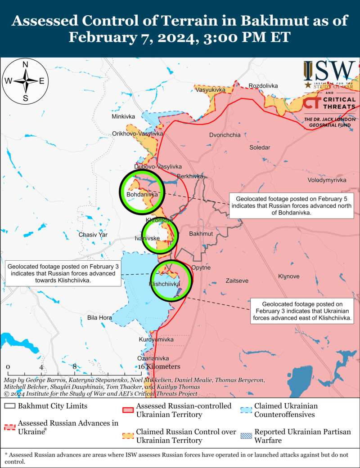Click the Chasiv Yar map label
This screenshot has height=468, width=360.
(x=93, y=235)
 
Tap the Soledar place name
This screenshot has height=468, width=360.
(x=260, y=147)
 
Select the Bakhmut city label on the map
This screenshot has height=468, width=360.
(x=201, y=234)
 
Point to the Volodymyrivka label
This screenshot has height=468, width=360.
(x=327, y=180)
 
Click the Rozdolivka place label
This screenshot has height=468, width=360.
(x=263, y=86)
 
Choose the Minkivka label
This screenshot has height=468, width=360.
(x=123, y=117)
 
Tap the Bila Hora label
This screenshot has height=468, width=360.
(x=99, y=318)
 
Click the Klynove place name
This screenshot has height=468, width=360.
(x=288, y=276)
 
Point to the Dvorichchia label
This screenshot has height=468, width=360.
(x=225, y=135)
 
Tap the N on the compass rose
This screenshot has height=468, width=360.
(x=26, y=65)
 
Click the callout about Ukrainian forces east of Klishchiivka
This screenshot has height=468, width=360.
(x=302, y=311)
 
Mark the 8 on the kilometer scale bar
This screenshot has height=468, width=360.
(x=75, y=366)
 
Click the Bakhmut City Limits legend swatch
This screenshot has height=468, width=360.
(x=10, y=406)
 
